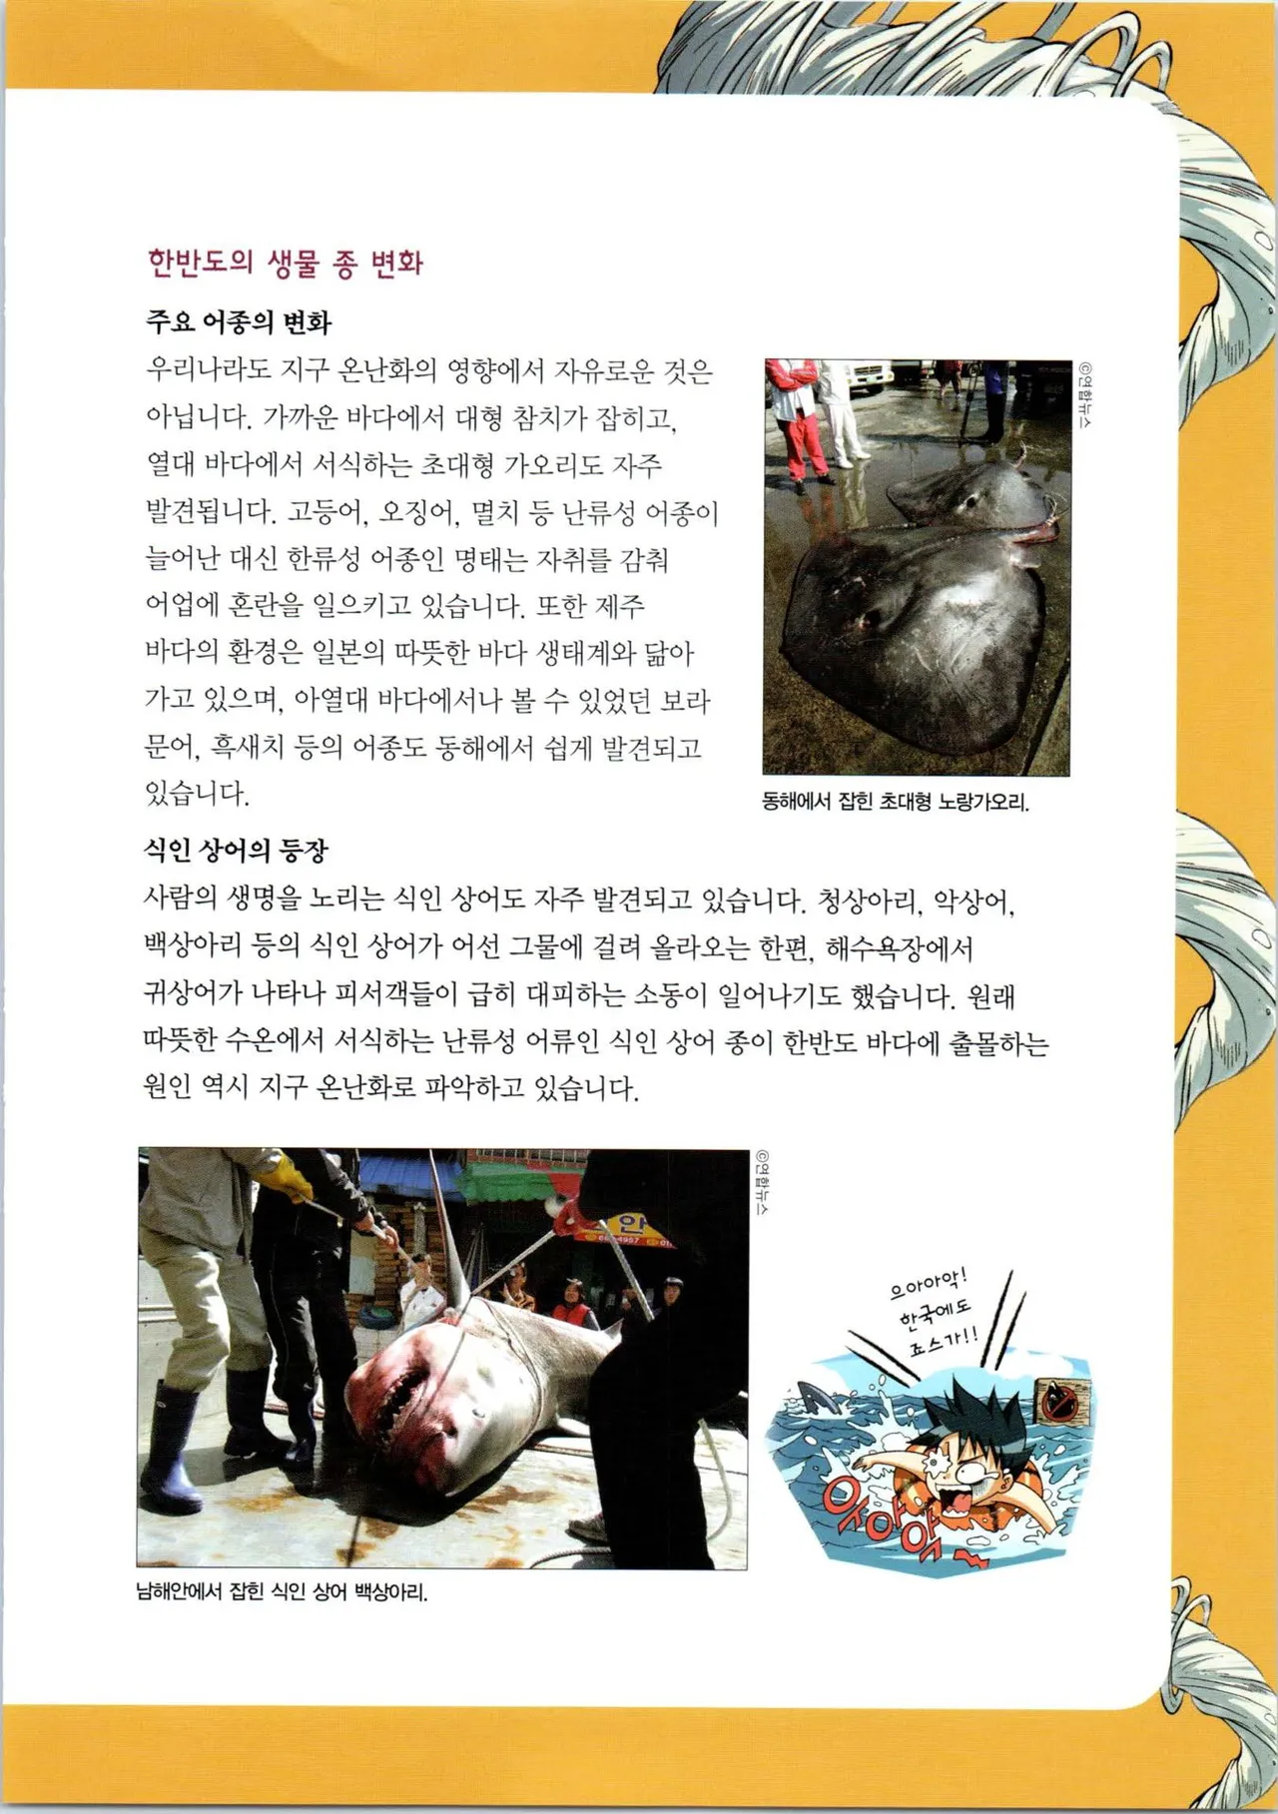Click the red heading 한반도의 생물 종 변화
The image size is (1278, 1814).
pos(286,264)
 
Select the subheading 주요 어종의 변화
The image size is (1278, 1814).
pos(238,322)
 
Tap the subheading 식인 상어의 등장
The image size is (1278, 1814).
pos(236,851)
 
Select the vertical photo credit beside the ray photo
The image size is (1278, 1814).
pos(1085,395)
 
